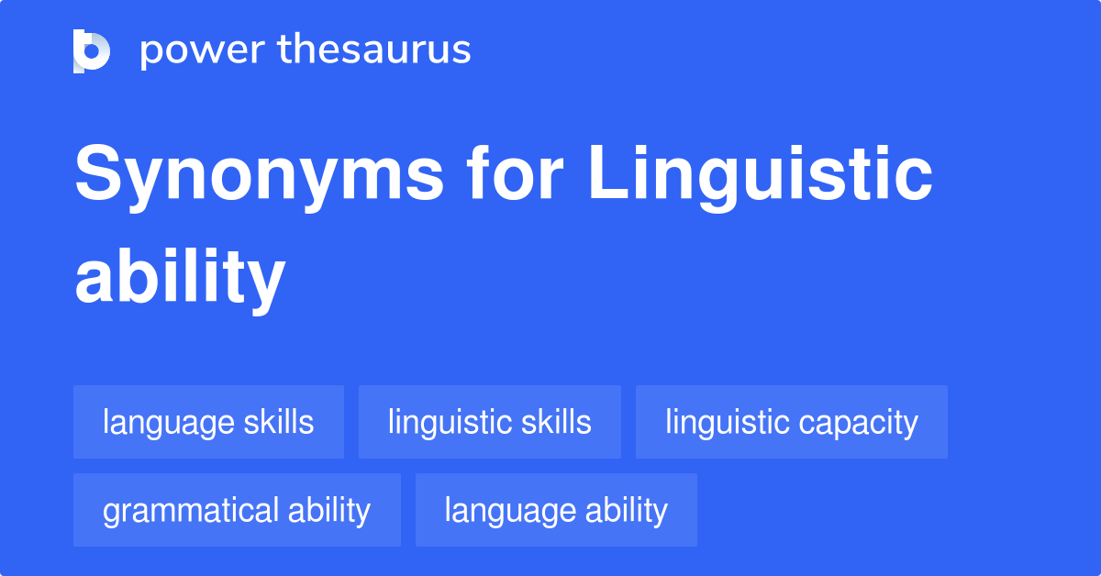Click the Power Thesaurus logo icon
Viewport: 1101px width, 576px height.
tap(92, 50)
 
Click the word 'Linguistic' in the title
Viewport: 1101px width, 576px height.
tap(761, 176)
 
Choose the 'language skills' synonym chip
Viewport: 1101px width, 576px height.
tap(208, 422)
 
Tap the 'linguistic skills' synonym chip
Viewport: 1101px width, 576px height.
tap(489, 422)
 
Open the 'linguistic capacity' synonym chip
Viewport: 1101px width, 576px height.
tap(791, 422)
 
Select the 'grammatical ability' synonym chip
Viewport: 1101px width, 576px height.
tap(237, 510)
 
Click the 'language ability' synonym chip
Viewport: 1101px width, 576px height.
tap(556, 510)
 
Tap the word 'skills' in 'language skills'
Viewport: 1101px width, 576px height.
tap(279, 422)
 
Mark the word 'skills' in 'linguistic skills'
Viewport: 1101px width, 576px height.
tap(556, 422)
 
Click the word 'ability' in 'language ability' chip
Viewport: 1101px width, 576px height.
tap(629, 511)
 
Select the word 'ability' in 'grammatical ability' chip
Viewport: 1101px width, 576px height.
tap(329, 511)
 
